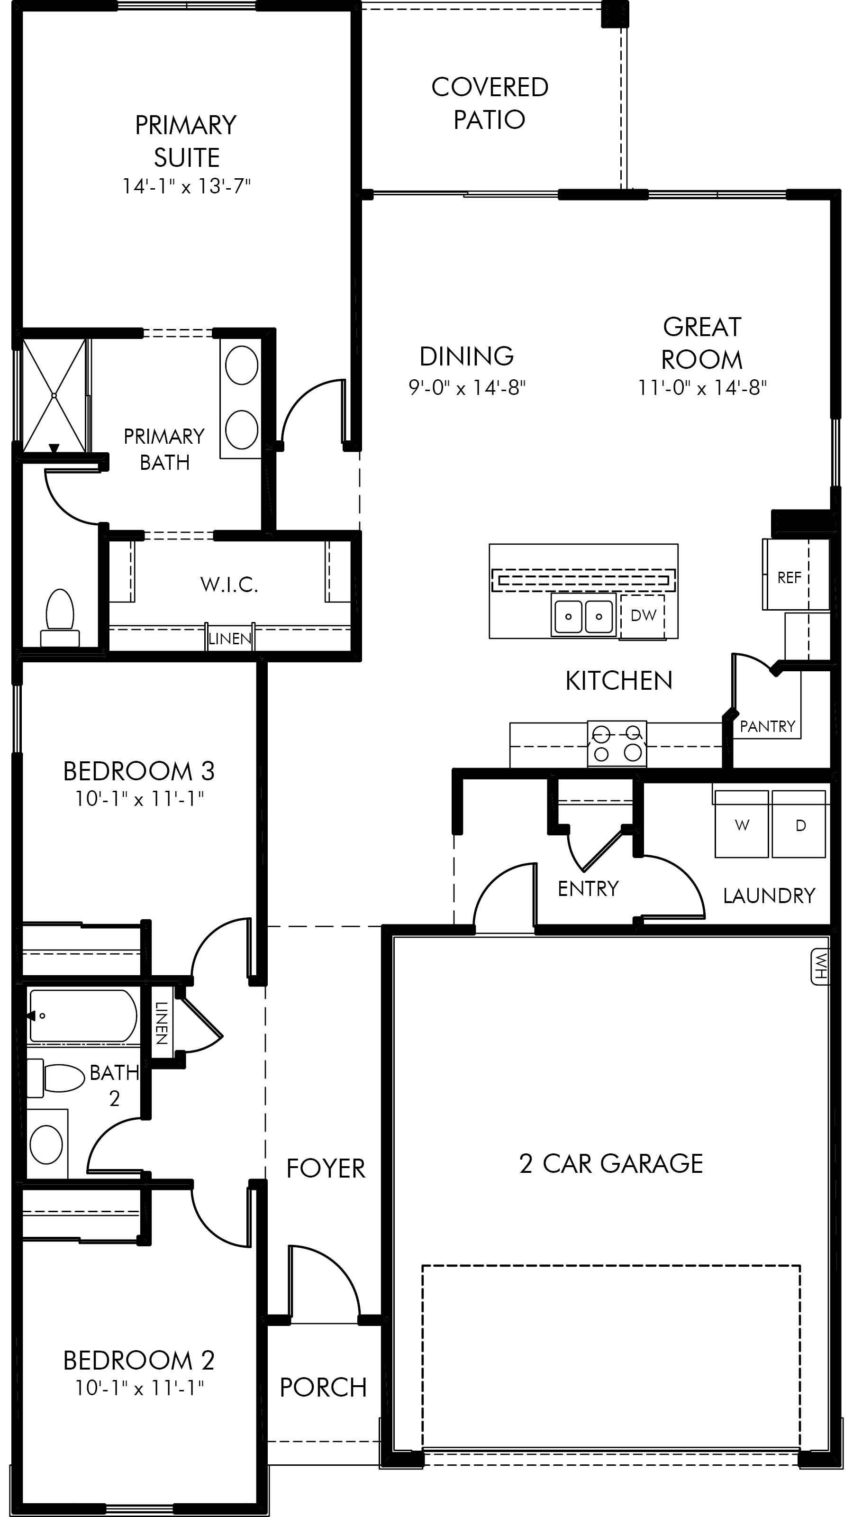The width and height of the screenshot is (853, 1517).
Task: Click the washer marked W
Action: (742, 824)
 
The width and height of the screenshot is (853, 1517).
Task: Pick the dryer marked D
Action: (799, 824)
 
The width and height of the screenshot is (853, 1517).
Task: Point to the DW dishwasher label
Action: (643, 615)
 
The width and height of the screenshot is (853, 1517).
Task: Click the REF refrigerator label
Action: (789, 578)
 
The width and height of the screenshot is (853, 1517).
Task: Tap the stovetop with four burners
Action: (617, 743)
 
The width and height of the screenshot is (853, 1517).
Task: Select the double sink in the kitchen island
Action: (583, 615)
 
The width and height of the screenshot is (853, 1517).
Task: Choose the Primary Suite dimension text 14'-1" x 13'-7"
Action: (187, 186)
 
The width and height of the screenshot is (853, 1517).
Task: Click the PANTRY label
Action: (767, 726)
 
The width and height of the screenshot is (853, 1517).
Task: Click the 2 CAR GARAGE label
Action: (611, 1163)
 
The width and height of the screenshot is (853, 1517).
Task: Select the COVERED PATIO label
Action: (490, 103)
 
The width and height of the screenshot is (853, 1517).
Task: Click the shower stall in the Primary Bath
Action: (54, 394)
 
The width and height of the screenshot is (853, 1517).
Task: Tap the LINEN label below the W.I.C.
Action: (229, 639)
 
